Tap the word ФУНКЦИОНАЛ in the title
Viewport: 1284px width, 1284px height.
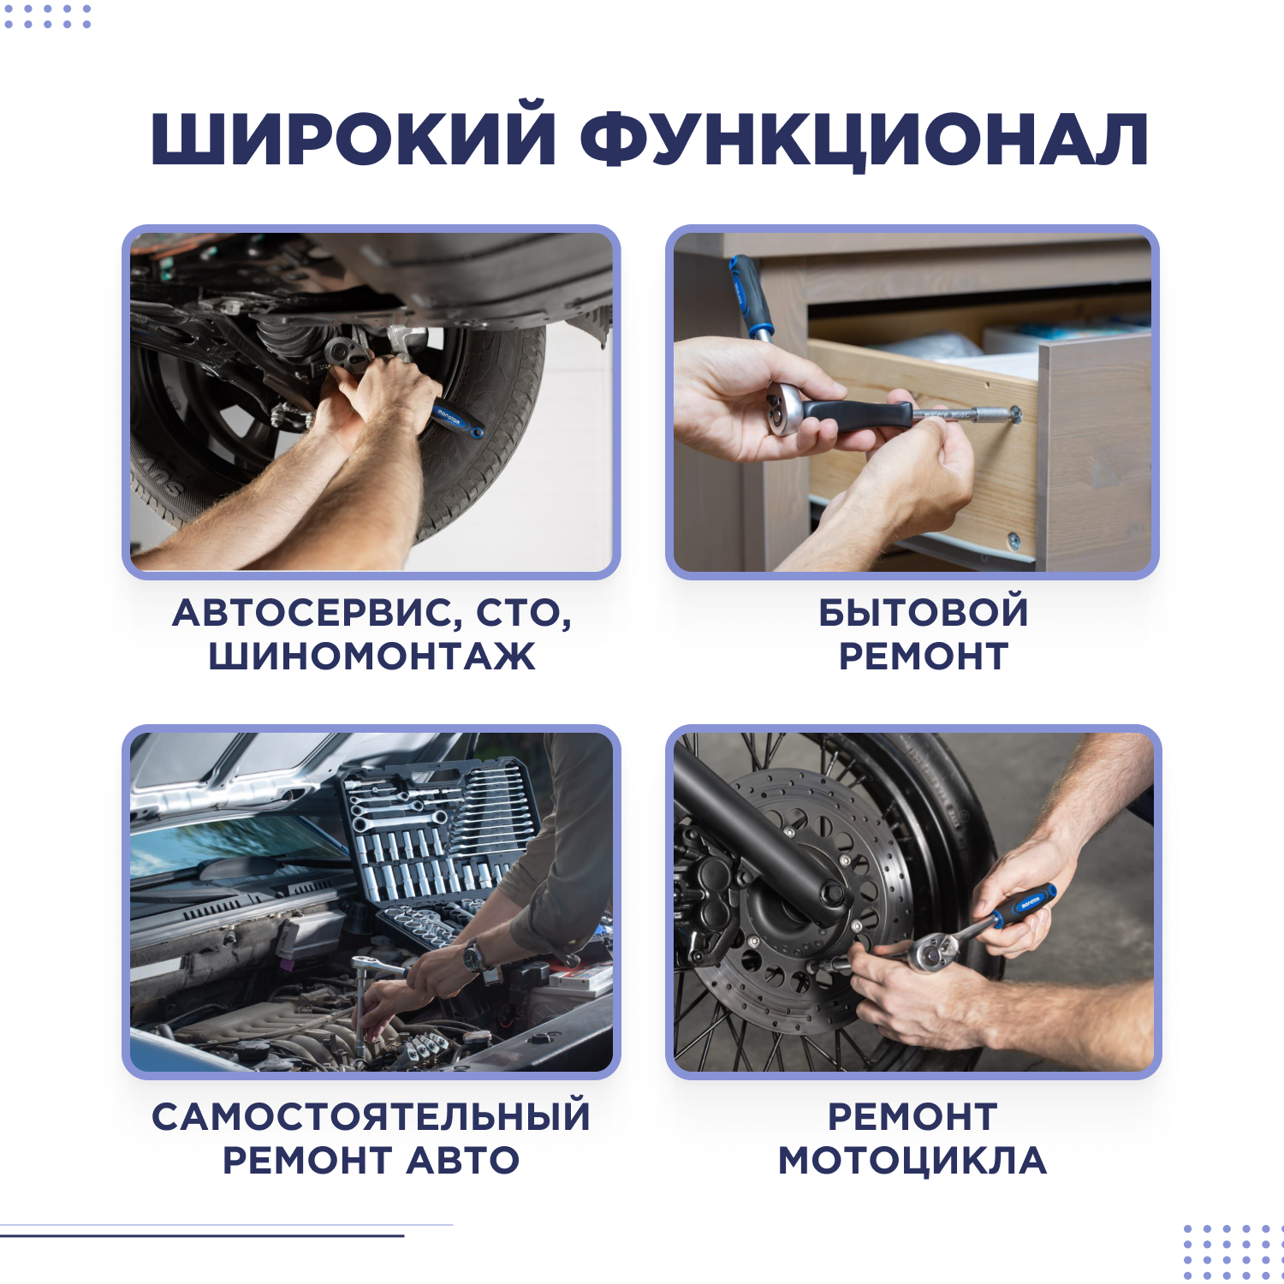click(x=864, y=139)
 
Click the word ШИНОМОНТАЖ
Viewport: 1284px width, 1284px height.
click(x=372, y=657)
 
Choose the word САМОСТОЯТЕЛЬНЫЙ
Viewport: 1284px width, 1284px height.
click(x=372, y=1116)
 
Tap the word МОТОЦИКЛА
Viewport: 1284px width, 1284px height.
click(x=912, y=1161)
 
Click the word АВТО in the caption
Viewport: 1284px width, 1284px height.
click(x=462, y=1161)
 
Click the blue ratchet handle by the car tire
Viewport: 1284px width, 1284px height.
click(x=455, y=418)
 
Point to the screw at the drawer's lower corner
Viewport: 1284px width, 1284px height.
click(x=1014, y=539)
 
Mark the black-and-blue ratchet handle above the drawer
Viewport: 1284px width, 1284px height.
click(x=749, y=295)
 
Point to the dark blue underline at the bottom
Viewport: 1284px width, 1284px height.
click(x=202, y=1235)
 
